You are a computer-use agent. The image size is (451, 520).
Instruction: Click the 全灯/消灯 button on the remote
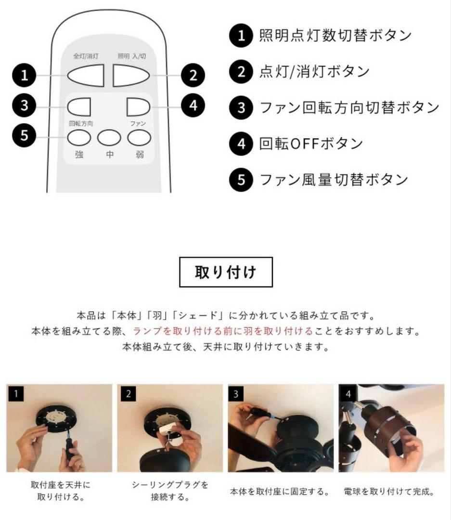(86, 75)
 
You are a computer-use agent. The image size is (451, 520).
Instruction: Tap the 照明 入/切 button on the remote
(130, 75)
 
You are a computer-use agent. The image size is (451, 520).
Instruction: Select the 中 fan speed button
(109, 138)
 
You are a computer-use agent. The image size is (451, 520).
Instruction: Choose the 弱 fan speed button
(139, 138)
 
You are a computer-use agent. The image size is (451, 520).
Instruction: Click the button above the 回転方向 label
(79, 107)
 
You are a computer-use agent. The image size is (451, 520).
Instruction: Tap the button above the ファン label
(139, 107)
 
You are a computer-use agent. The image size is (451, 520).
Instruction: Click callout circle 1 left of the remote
(24, 75)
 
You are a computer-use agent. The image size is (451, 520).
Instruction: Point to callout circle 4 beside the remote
(193, 106)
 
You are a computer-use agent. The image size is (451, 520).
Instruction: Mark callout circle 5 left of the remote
(24, 135)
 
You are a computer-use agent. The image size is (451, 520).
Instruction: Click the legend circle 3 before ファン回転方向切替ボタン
(242, 107)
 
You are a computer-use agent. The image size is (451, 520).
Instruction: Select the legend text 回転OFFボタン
(311, 143)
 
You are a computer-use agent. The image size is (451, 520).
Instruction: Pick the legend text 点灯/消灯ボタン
(314, 71)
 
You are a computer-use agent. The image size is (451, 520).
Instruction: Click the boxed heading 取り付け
(226, 272)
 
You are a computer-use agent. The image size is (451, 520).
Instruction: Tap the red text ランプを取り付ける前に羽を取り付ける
(223, 331)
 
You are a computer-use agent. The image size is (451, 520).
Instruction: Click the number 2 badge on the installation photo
(129, 394)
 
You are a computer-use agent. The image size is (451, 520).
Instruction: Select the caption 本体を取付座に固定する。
(280, 492)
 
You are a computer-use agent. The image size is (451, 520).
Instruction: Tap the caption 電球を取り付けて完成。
(389, 492)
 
